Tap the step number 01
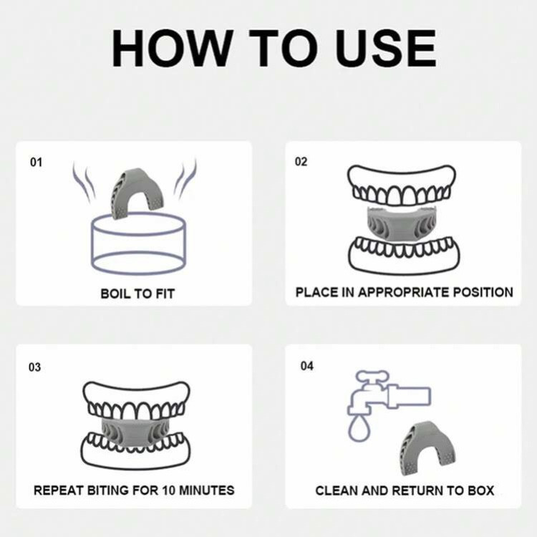[36, 162]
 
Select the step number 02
[301, 161]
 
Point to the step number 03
[34, 367]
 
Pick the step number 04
[307, 366]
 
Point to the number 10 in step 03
[168, 490]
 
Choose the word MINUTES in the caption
[207, 490]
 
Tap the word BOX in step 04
[481, 490]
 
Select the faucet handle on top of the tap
[372, 377]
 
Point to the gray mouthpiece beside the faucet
[427, 447]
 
